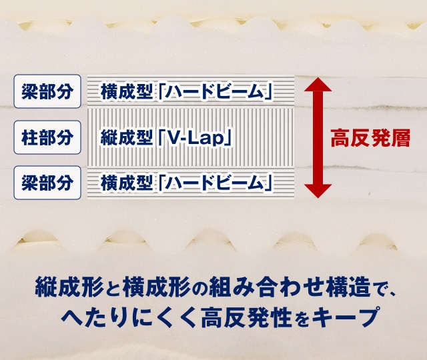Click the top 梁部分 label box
pyautogui.click(x=47, y=91)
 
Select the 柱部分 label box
pyautogui.click(x=47, y=137)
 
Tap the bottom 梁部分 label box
pyautogui.click(x=47, y=183)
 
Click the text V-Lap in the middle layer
pyautogui.click(x=194, y=138)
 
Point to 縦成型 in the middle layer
pyautogui.click(x=126, y=138)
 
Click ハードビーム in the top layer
pyautogui.click(x=215, y=92)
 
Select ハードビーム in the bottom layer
pyautogui.click(x=215, y=183)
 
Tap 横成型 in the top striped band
pyautogui.click(x=126, y=92)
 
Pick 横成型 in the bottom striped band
pyautogui.click(x=126, y=183)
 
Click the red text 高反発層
pyautogui.click(x=370, y=138)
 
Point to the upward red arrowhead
pyautogui.click(x=318, y=85)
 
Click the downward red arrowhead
pyautogui.click(x=318, y=191)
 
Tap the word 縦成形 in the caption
pyautogui.click(x=69, y=287)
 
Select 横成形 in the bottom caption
pyautogui.click(x=157, y=287)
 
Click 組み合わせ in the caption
pyautogui.click(x=268, y=287)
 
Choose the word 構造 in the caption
pyautogui.click(x=349, y=287)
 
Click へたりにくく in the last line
pyautogui.click(x=129, y=317)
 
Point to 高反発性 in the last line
pyautogui.click(x=246, y=317)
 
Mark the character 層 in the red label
pyautogui.click(x=400, y=138)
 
